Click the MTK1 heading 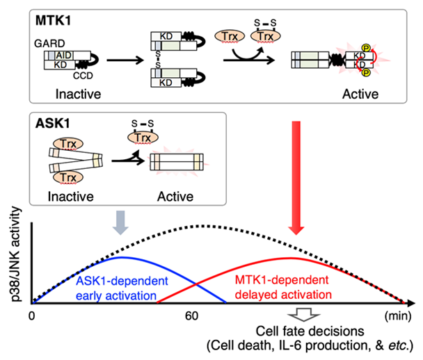pos(53,20)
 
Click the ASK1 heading pos(53,124)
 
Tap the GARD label pos(49,43)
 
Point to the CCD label pos(83,76)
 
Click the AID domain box pos(64,56)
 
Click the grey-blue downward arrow pos(120,222)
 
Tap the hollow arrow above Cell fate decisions pos(303,314)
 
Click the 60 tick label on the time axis pos(191,316)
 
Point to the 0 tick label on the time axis pos(32,316)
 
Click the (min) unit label pos(398,316)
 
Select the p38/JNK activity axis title pos(15,254)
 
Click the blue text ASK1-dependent pos(122,281)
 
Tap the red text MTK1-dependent pos(282,280)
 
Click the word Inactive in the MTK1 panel pos(78,94)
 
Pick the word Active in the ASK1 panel pos(175,197)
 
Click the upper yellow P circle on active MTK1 pos(366,48)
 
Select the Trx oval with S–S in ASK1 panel pos(143,138)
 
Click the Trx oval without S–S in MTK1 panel pos(230,36)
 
